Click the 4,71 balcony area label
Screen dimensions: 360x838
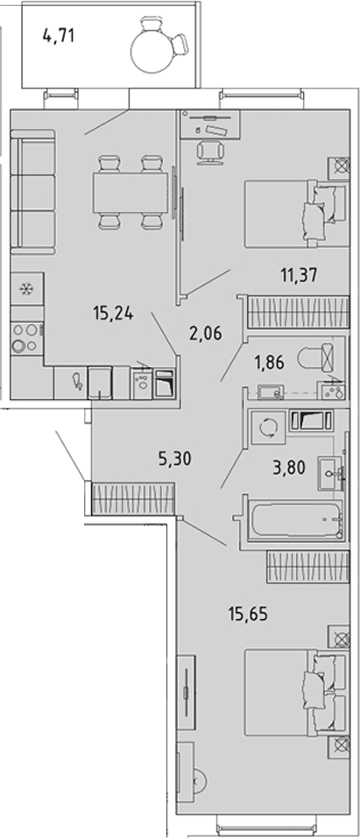coord(58,37)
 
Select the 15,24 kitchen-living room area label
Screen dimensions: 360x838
coord(112,313)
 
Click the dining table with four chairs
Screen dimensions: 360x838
coord(131,192)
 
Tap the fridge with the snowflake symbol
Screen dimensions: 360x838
coord(27,290)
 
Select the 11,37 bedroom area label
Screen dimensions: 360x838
coord(299,275)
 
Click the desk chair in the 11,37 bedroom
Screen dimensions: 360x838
coord(209,151)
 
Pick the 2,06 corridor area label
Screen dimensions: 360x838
coord(205,334)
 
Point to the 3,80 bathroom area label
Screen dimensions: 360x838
coord(288,468)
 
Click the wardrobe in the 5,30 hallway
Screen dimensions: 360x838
coord(134,498)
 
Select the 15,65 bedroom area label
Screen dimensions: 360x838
coord(247,614)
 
